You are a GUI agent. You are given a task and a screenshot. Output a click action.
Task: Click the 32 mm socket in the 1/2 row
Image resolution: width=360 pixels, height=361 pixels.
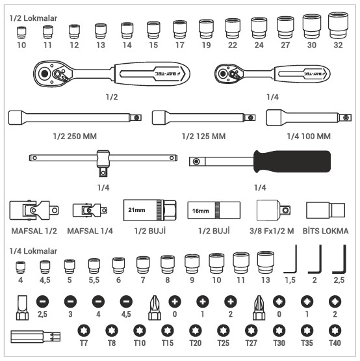click(338, 25)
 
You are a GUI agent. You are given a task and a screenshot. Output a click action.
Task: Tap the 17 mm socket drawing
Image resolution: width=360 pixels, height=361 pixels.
click(179, 29)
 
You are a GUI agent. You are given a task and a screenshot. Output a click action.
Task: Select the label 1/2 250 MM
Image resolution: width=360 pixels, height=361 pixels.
click(75, 137)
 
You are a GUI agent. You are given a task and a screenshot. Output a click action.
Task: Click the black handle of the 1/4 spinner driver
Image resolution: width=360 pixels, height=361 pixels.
click(292, 161)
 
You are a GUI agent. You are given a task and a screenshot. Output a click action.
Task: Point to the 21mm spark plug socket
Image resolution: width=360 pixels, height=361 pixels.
click(150, 210)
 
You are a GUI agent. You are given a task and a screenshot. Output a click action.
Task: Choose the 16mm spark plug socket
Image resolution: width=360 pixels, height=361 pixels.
click(214, 211)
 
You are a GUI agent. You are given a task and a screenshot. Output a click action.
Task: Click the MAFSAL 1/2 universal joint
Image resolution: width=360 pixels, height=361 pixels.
click(34, 209)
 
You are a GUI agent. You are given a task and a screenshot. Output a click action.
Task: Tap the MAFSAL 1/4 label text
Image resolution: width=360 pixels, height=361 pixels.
click(90, 231)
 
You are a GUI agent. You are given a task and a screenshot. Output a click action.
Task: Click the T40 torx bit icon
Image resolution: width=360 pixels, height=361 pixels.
click(335, 330)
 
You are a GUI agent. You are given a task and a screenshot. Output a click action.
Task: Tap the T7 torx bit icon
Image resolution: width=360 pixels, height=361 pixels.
click(84, 330)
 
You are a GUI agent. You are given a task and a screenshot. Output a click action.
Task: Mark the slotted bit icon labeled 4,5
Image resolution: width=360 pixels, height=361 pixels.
click(126, 301)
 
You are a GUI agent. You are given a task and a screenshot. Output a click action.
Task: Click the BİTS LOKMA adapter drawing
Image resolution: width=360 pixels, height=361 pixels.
click(326, 210)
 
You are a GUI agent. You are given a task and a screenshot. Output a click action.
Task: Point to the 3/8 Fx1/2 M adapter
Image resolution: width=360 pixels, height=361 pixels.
click(274, 210)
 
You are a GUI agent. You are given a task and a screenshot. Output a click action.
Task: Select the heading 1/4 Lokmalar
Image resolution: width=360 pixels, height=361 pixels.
click(33, 251)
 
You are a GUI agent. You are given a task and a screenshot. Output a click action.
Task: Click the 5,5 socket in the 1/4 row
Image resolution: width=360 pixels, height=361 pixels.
click(94, 265)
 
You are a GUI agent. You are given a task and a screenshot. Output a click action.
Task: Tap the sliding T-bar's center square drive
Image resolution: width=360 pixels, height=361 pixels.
click(103, 172)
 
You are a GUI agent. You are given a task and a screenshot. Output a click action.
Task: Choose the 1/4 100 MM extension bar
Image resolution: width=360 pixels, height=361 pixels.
click(309, 118)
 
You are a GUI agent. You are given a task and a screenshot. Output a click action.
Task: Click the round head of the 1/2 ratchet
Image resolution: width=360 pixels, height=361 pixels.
click(53, 74)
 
